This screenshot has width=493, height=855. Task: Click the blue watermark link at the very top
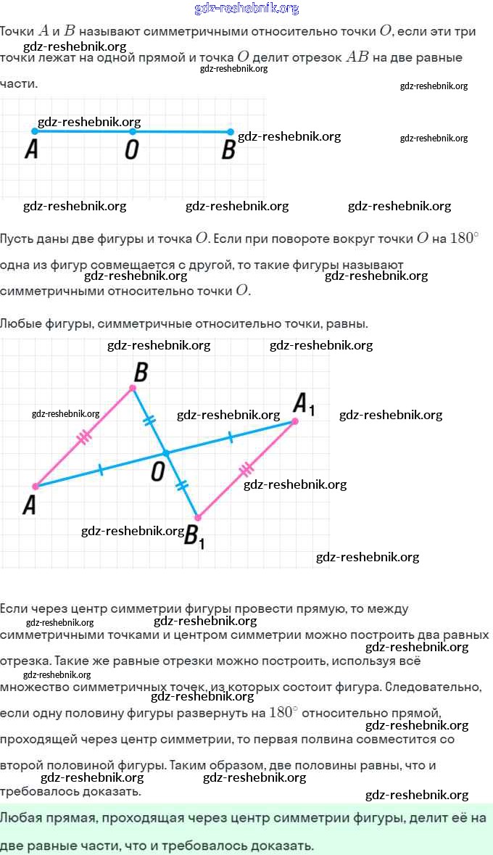246,8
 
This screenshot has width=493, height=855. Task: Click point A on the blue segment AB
35,131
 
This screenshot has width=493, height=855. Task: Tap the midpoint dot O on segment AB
133,131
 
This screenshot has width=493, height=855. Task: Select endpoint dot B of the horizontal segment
230,131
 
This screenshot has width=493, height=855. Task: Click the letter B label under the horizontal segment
228,149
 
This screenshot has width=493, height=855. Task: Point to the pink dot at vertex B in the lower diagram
133,388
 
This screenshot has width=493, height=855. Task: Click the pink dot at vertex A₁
295,421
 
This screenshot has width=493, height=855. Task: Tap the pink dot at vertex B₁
198,518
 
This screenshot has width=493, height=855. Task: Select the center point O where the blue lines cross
166,453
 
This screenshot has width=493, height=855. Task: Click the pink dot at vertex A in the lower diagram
36,487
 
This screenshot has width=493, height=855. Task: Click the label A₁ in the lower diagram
304,404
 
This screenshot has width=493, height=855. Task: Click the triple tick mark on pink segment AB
84,437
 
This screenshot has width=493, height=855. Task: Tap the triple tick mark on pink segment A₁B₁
246,469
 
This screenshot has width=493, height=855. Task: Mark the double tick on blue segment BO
149,420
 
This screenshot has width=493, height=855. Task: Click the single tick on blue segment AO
100,469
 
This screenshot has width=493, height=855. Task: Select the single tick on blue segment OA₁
230,437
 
